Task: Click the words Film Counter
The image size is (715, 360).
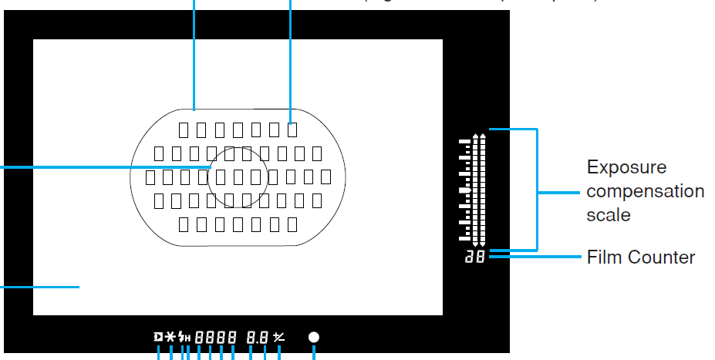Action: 641,257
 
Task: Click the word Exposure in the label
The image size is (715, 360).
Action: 626,167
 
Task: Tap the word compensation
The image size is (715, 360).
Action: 645,191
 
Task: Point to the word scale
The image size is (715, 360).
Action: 609,215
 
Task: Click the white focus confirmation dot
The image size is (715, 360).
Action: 314,337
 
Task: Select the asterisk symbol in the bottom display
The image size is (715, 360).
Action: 170,337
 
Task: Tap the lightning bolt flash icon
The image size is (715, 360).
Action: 181,337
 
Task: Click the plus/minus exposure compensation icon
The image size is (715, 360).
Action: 278,337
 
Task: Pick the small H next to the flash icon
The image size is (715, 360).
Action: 187,338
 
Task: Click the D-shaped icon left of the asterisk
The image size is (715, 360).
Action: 158,337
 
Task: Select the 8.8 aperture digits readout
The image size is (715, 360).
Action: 258,337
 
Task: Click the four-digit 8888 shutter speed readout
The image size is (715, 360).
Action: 215,337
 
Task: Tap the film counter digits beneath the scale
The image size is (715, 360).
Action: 475,257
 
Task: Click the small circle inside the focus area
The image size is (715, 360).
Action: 238,177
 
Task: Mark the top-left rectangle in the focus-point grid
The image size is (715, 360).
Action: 183,129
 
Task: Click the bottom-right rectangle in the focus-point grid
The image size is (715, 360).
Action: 292,224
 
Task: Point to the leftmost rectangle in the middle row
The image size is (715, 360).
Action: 150,177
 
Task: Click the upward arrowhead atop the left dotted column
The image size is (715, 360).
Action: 475,136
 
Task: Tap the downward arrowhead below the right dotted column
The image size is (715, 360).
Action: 483,244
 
